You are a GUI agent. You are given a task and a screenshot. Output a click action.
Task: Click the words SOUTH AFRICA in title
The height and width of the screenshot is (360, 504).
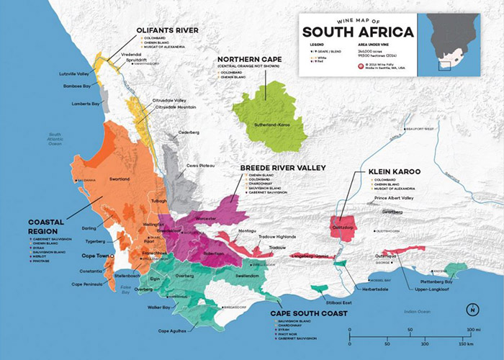(x=358, y=32)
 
